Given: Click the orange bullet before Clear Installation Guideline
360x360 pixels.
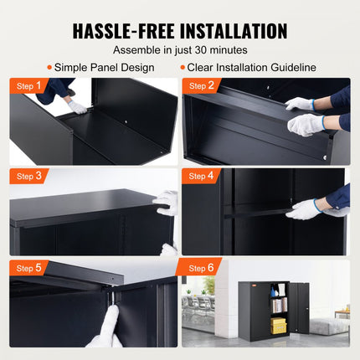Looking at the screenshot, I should (x=182, y=67).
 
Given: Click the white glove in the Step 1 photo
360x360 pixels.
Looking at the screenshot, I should (x=78, y=106).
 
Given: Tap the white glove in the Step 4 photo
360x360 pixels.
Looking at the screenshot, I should (x=304, y=208).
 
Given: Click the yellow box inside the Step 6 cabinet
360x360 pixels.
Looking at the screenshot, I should (x=279, y=325).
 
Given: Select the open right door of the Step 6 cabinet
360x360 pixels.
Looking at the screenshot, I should (x=299, y=311).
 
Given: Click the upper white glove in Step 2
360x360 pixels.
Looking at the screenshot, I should (x=299, y=104).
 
